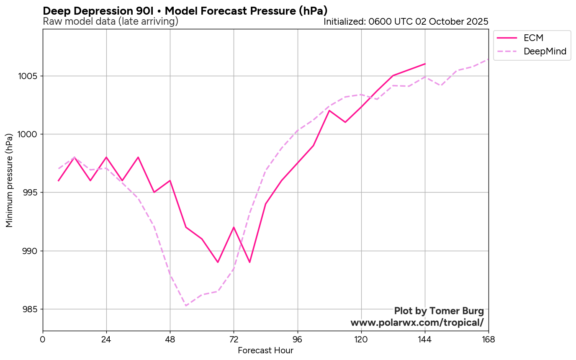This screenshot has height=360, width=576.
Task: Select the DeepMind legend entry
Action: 545,51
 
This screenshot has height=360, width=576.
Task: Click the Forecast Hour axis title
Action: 265,350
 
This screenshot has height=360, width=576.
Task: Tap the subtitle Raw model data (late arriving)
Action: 111,21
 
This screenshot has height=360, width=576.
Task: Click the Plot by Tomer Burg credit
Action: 439,311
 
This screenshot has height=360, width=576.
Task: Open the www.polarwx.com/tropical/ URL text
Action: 417,322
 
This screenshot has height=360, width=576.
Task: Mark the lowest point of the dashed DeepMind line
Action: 186,306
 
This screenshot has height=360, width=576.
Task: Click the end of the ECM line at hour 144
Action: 425,64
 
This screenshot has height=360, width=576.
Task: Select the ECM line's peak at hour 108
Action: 329,111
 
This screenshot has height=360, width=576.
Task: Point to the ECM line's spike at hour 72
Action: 234,227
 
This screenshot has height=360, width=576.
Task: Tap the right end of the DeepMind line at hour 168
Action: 488,59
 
